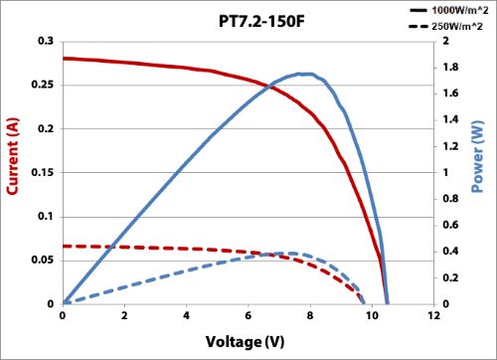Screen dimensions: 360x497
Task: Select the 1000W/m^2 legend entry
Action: (x=458, y=8)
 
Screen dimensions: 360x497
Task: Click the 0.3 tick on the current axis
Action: (x=46, y=42)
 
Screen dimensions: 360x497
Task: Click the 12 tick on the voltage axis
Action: (x=433, y=316)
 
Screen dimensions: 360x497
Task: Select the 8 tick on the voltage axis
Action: (x=310, y=316)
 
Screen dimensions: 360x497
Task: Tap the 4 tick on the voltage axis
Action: (x=187, y=316)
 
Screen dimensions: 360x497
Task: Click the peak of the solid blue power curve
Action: (x=305, y=74)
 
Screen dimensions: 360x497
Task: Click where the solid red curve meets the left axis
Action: (x=64, y=59)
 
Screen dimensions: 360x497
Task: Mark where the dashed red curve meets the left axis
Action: (x=64, y=246)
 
